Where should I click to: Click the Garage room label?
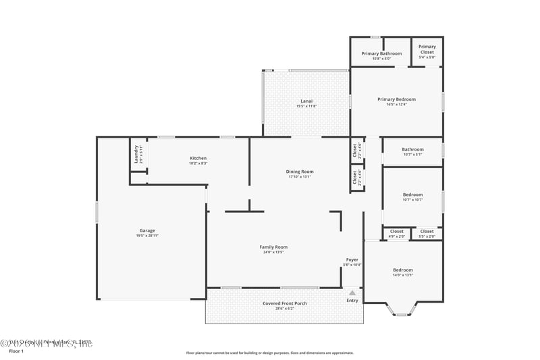tap(147, 230)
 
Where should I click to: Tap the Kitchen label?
tap(198, 159)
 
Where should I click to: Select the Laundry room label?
tap(136, 155)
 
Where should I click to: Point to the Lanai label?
tap(306, 101)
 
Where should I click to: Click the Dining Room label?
tap(300, 172)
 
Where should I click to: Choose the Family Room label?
tap(273, 247)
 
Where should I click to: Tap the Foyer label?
tap(352, 259)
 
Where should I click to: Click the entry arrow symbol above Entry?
tap(352, 292)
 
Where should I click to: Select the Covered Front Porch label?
tap(284, 303)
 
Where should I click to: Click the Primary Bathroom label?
tap(381, 53)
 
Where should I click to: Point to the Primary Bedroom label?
tap(396, 99)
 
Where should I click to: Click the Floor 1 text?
tap(16, 351)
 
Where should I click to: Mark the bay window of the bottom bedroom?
tap(402, 311)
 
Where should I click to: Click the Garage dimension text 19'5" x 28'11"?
tap(147, 236)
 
